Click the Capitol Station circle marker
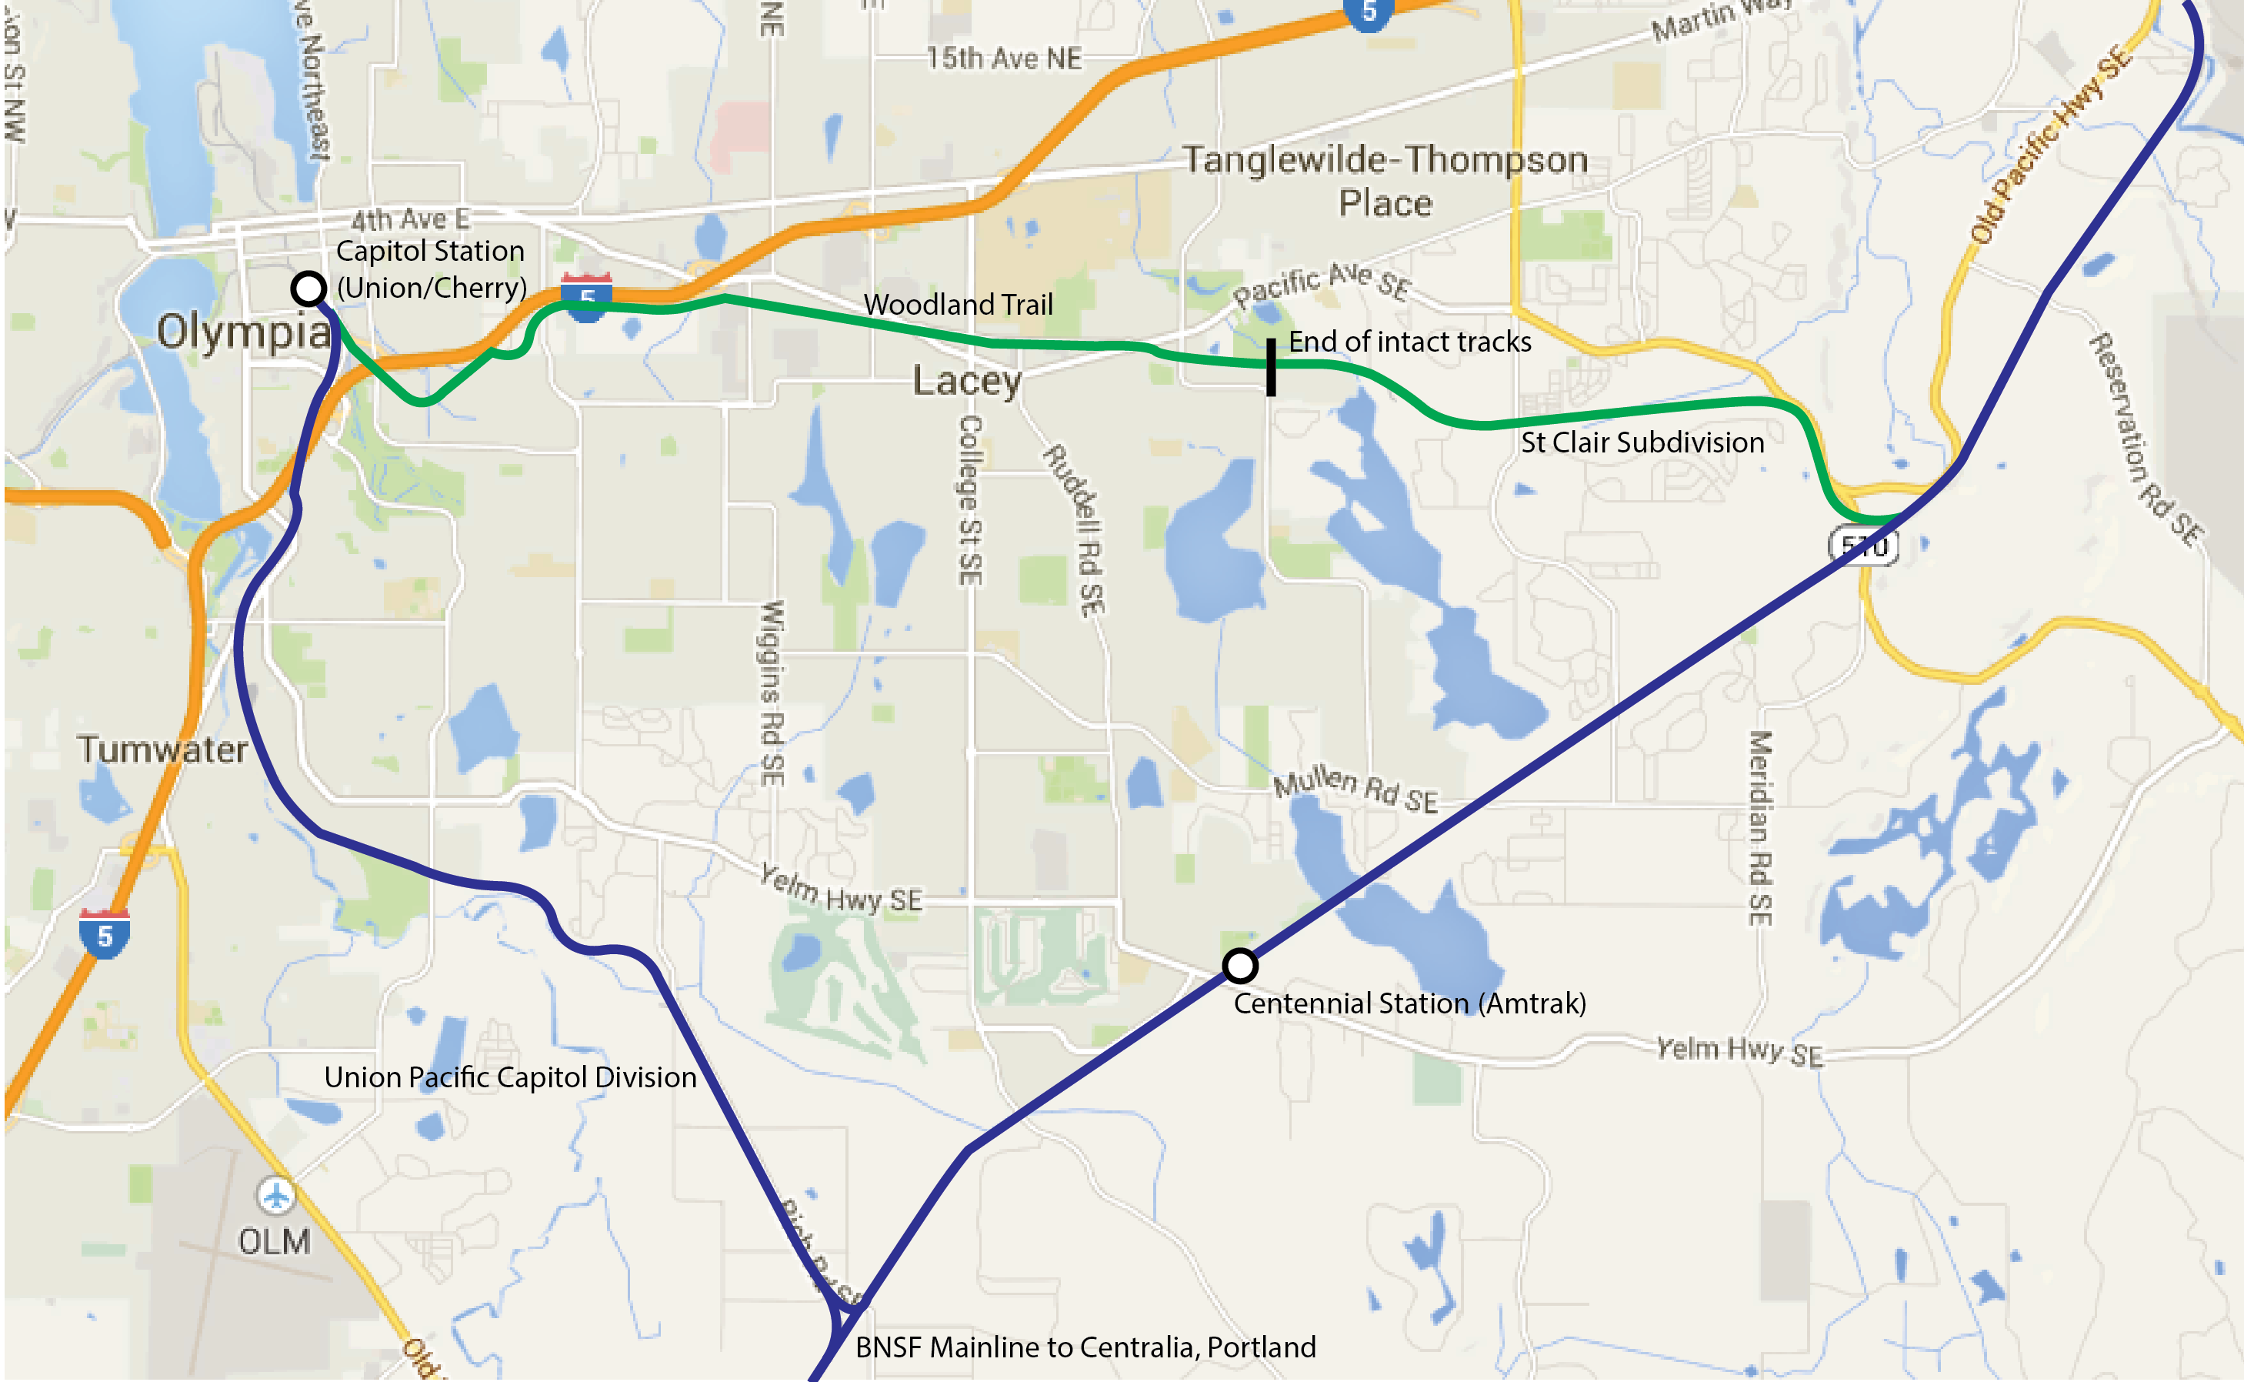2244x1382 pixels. [x=308, y=289]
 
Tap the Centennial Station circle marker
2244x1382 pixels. [x=1240, y=965]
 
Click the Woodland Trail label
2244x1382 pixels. [x=958, y=305]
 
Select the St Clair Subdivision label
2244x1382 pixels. [x=1642, y=442]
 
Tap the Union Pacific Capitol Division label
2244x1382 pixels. [x=510, y=1077]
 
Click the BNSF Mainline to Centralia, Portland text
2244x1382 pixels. [x=1085, y=1347]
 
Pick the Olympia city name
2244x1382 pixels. [x=243, y=331]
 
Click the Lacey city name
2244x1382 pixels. [x=967, y=380]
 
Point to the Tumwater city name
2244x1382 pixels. [x=162, y=749]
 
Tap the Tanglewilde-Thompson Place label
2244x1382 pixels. [x=1385, y=181]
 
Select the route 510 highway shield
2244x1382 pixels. [x=1864, y=546]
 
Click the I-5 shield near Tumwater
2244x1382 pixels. [x=104, y=934]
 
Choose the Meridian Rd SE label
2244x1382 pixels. [x=1760, y=827]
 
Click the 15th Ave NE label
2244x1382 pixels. [x=1003, y=58]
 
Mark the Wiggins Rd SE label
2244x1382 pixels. [x=773, y=693]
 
